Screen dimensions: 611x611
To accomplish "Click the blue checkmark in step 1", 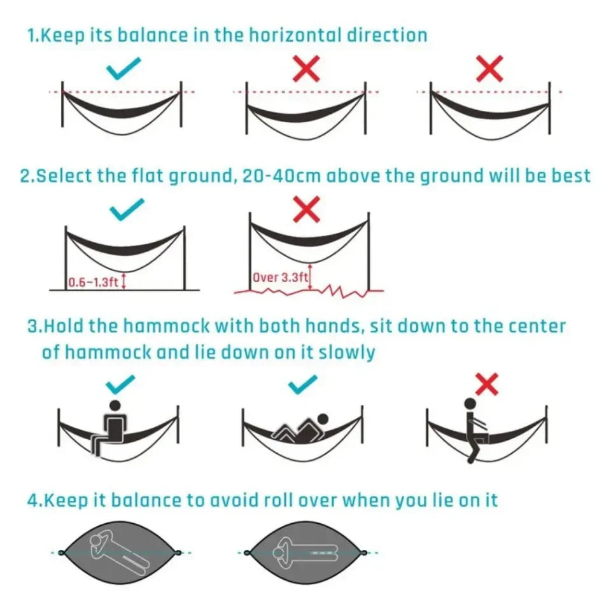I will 123,69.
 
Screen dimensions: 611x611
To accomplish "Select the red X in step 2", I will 306,210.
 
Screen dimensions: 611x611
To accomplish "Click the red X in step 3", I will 486,384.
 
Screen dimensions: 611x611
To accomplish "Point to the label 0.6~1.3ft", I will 94,282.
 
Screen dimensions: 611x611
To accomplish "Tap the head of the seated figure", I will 115,405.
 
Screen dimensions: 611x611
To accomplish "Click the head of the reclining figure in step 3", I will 323,419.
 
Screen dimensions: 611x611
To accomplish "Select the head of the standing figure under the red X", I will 470,404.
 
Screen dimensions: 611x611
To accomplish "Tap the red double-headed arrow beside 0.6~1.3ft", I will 124,281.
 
